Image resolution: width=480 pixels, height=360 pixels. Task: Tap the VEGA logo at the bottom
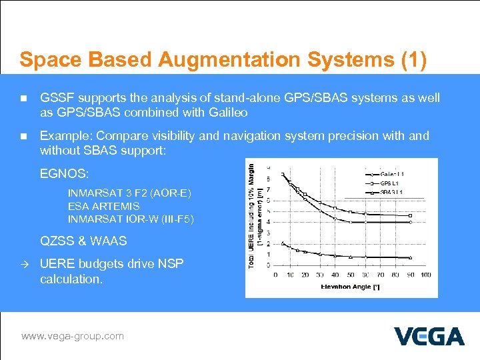pos(429,336)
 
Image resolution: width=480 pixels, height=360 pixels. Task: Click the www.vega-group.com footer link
pos(73,336)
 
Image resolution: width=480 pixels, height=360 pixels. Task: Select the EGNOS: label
pos(64,175)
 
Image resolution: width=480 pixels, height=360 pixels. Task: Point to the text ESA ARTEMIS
pos(104,207)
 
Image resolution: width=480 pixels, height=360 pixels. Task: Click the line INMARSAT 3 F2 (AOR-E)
pos(129,193)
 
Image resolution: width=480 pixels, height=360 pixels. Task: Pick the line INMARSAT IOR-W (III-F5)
pos(131,219)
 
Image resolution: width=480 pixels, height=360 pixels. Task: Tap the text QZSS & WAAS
pos(83,241)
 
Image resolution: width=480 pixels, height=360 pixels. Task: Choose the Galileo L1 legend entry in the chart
pos(393,175)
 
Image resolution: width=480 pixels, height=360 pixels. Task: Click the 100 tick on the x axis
pos(425,275)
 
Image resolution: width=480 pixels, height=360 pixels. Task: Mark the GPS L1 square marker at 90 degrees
pos(410,215)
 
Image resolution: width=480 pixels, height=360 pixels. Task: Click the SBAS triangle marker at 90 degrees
pos(410,258)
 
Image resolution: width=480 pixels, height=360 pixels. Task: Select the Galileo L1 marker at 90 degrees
pos(410,222)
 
